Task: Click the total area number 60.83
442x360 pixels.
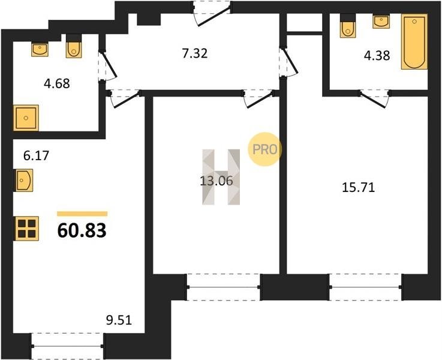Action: click(x=82, y=230)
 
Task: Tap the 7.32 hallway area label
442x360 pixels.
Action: click(x=195, y=53)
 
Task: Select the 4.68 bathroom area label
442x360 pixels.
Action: click(x=56, y=83)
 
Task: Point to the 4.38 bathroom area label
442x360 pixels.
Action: click(x=377, y=56)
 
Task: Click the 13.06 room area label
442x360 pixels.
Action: click(x=217, y=181)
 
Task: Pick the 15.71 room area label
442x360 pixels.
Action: click(x=358, y=187)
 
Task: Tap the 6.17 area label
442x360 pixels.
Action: click(x=36, y=155)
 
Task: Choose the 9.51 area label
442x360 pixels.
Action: click(x=119, y=320)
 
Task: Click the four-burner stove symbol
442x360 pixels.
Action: click(x=26, y=229)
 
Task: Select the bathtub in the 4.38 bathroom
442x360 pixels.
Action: click(x=414, y=41)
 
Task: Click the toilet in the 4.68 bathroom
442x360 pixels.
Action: click(x=74, y=47)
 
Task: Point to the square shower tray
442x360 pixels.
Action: click(x=26, y=118)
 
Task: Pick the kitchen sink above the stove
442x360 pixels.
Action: click(x=24, y=181)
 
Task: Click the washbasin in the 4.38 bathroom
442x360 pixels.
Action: click(x=381, y=22)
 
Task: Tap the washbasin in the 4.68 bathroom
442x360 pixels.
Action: click(x=40, y=49)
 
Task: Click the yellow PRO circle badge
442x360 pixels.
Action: click(x=264, y=149)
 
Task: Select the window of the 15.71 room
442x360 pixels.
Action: click(x=366, y=287)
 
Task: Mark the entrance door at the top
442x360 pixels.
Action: click(x=212, y=14)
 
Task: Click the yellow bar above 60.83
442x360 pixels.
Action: click(x=82, y=214)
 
